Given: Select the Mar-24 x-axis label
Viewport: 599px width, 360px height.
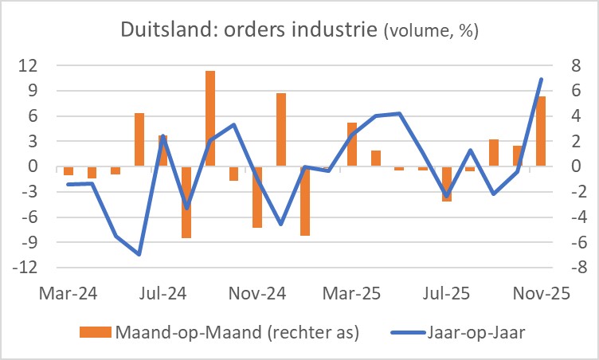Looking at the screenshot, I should click(68, 294).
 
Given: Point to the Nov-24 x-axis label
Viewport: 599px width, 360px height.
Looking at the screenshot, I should click(257, 294).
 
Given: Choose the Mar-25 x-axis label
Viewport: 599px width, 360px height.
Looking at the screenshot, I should click(352, 294).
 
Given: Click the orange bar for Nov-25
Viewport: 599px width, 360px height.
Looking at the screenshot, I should click(541, 131).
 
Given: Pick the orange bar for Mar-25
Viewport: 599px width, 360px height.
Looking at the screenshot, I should click(352, 145).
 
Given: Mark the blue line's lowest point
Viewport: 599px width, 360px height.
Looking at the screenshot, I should click(139, 254).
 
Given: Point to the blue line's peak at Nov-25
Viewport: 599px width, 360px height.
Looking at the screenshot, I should click(542, 79).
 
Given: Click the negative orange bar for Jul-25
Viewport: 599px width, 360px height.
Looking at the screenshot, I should click(447, 184).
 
